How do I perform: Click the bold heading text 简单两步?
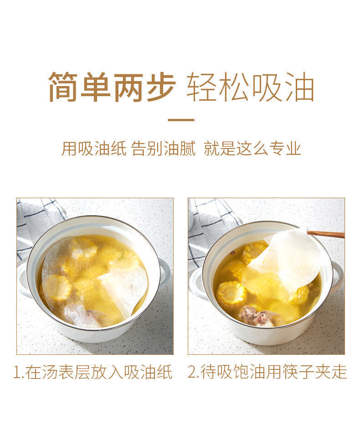click(x=112, y=87)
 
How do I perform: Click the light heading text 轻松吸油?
click(x=250, y=87)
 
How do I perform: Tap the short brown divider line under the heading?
click(x=181, y=120)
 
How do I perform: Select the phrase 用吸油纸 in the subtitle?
click(x=94, y=148)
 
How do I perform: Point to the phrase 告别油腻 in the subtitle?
click(x=163, y=148)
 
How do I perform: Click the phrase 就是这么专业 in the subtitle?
click(x=252, y=148)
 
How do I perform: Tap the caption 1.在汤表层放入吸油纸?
click(x=93, y=372)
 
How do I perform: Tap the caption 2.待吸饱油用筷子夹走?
click(x=267, y=372)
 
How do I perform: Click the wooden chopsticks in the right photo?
click(x=327, y=234)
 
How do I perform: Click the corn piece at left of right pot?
click(x=231, y=294)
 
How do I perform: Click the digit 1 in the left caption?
click(x=17, y=372)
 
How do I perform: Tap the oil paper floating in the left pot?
click(x=96, y=282)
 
